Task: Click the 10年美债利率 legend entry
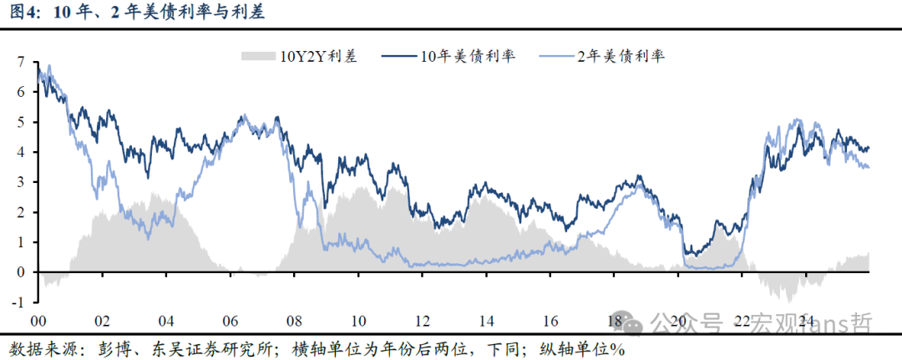(468, 57)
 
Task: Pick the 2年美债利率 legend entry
(621, 57)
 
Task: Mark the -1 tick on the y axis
(18, 302)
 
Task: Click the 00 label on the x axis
(38, 321)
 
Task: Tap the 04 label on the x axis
(165, 321)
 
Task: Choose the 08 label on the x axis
(294, 321)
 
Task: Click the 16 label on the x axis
(550, 321)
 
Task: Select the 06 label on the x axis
(230, 321)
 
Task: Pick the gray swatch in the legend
(258, 57)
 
